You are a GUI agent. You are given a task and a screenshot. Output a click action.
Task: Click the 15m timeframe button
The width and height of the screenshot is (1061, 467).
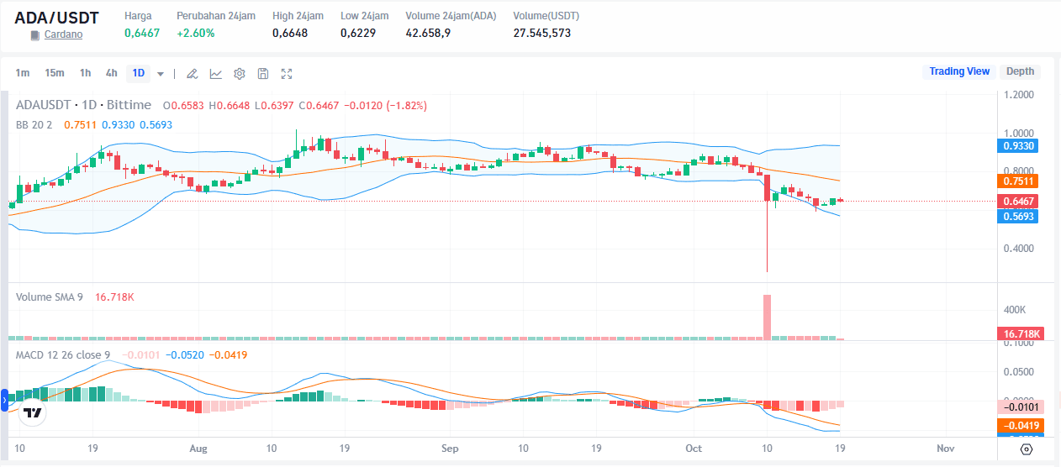coord(55,73)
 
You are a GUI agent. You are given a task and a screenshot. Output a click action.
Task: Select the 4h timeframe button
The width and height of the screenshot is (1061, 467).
coord(111,73)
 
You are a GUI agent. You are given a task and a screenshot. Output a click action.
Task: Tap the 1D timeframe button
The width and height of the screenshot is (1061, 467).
coord(138,73)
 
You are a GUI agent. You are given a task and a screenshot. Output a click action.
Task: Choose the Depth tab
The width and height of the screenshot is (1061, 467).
coord(1020,71)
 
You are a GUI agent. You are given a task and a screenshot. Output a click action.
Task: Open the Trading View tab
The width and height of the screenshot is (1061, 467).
coord(959,71)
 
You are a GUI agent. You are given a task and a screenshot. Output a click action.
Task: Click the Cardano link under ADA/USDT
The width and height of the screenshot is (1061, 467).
coord(63,35)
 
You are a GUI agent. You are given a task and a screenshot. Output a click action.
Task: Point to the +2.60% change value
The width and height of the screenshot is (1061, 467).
coord(195,33)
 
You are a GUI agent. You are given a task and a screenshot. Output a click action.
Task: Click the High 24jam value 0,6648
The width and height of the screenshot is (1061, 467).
coord(290,33)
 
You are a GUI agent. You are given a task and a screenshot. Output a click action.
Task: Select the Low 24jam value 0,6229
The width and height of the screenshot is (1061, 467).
coord(358,33)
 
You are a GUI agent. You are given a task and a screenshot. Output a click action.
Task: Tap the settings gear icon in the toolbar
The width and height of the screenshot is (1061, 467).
coord(240,74)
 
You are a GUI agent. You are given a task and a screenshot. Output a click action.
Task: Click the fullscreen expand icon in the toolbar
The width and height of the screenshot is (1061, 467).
coord(287,74)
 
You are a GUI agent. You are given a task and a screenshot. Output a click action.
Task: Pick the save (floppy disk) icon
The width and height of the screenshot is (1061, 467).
coord(263,74)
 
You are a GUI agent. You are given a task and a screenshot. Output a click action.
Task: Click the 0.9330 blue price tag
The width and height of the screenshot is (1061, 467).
coord(1019,146)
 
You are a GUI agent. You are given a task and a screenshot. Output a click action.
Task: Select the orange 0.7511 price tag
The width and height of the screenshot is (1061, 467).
coord(1019,181)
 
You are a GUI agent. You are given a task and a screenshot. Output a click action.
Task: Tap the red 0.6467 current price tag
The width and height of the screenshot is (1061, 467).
coord(1019,202)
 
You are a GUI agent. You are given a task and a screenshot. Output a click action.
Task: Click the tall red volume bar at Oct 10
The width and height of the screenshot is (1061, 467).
coord(767,317)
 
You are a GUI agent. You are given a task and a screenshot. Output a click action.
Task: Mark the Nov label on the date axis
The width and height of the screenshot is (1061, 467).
coord(946,449)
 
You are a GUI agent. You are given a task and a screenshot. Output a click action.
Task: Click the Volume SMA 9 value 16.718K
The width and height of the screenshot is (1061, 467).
coord(114,297)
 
